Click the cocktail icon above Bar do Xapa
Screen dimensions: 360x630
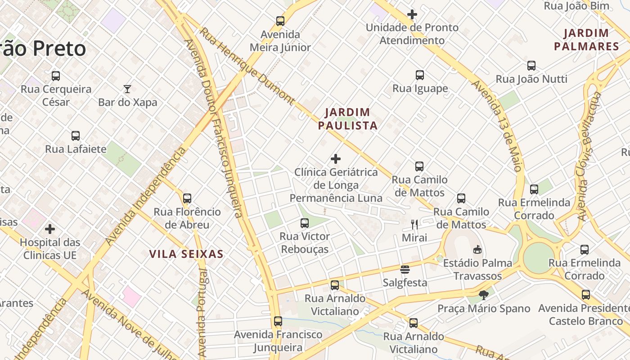click(x=127, y=89)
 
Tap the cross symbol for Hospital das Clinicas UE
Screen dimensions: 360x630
click(x=50, y=229)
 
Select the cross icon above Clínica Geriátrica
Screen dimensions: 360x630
click(x=336, y=159)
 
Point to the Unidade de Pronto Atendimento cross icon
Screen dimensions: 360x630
click(x=412, y=14)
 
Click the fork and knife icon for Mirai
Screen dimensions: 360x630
click(x=414, y=224)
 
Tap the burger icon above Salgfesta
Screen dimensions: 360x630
click(x=405, y=270)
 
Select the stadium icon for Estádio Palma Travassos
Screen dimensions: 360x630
click(x=477, y=249)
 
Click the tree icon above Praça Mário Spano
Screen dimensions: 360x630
click(x=484, y=295)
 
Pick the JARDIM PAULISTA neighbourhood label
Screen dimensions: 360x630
click(x=347, y=119)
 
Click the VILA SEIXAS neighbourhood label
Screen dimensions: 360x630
click(x=186, y=254)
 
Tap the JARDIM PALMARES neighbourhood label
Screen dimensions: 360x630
click(x=586, y=40)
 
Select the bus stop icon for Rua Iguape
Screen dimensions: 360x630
click(x=420, y=75)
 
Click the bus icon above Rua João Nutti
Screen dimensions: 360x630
click(x=531, y=66)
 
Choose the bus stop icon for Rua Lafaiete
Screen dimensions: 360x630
click(x=76, y=136)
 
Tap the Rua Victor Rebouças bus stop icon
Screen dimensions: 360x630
click(x=305, y=223)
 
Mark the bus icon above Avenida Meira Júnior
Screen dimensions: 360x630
click(x=280, y=21)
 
